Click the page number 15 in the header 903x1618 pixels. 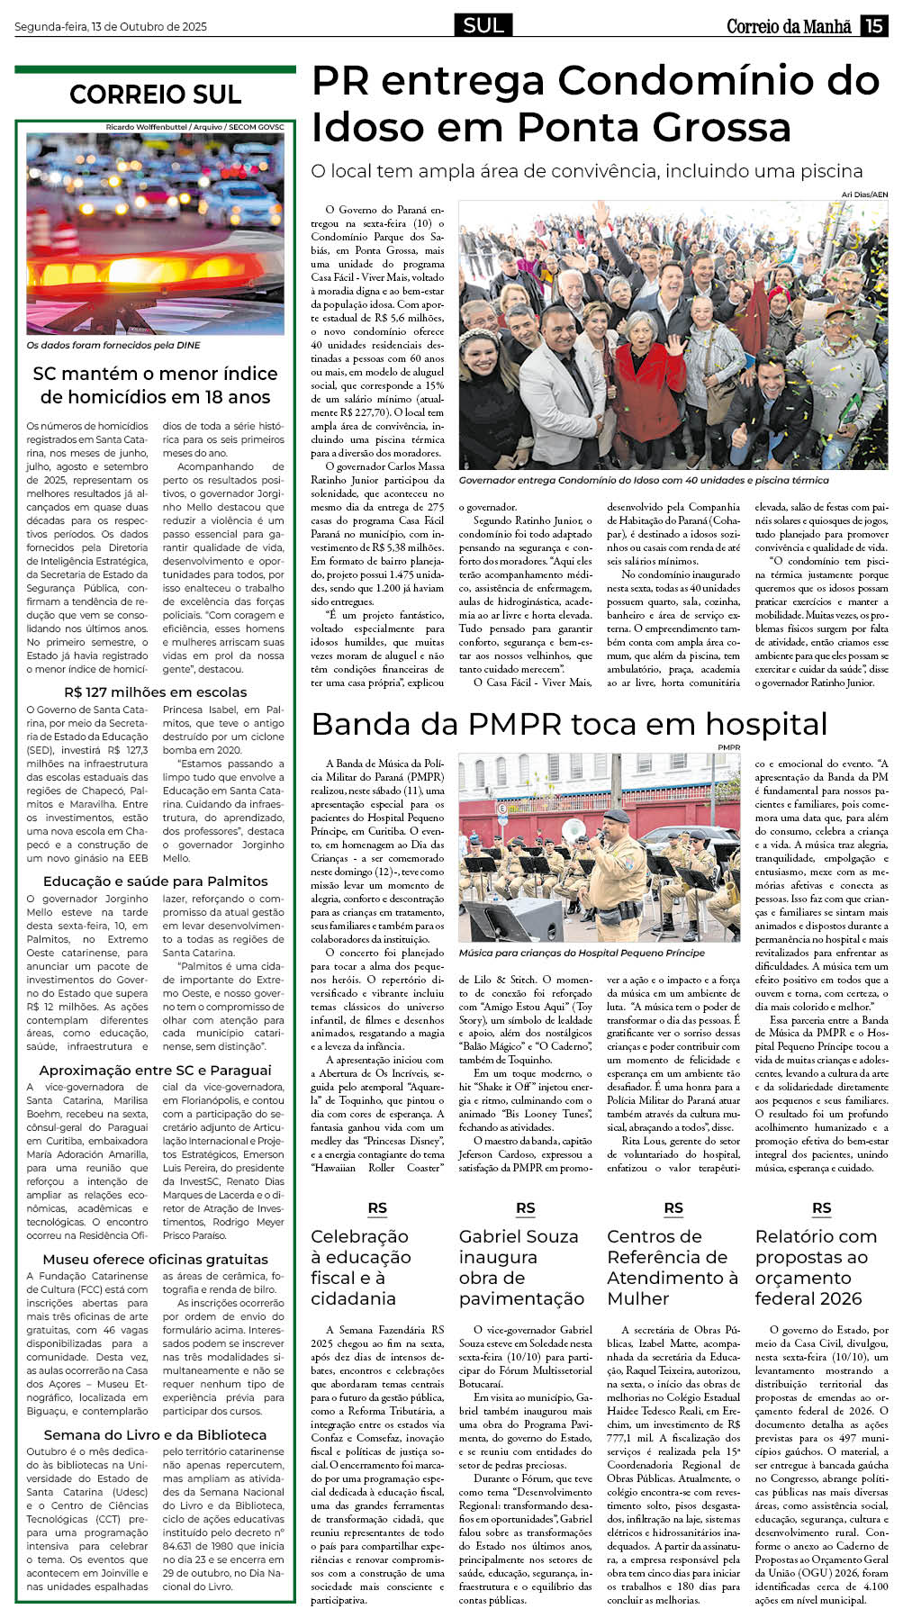point(874,26)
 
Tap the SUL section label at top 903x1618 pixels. point(483,25)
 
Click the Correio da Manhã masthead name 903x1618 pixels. point(789,27)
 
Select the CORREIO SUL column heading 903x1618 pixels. point(155,95)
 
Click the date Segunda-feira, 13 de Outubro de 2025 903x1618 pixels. point(111,27)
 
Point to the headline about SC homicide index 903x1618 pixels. point(155,385)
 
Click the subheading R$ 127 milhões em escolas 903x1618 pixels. point(155,692)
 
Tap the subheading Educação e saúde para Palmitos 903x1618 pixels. point(155,881)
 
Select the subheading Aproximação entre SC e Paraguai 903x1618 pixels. point(155,1071)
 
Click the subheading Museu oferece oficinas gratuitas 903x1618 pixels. point(155,1260)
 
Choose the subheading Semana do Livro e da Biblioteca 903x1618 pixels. point(155,1435)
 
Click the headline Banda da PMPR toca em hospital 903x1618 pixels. point(569,725)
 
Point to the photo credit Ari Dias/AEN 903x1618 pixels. point(864,194)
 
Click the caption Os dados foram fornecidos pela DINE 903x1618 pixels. point(113,346)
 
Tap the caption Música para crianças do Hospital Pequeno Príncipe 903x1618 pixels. point(582,953)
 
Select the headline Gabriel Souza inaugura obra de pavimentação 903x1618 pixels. point(521,1268)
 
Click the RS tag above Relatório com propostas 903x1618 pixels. point(821,1208)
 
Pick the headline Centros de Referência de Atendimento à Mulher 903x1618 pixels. point(672,1268)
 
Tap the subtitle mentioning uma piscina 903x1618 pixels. point(587,171)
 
